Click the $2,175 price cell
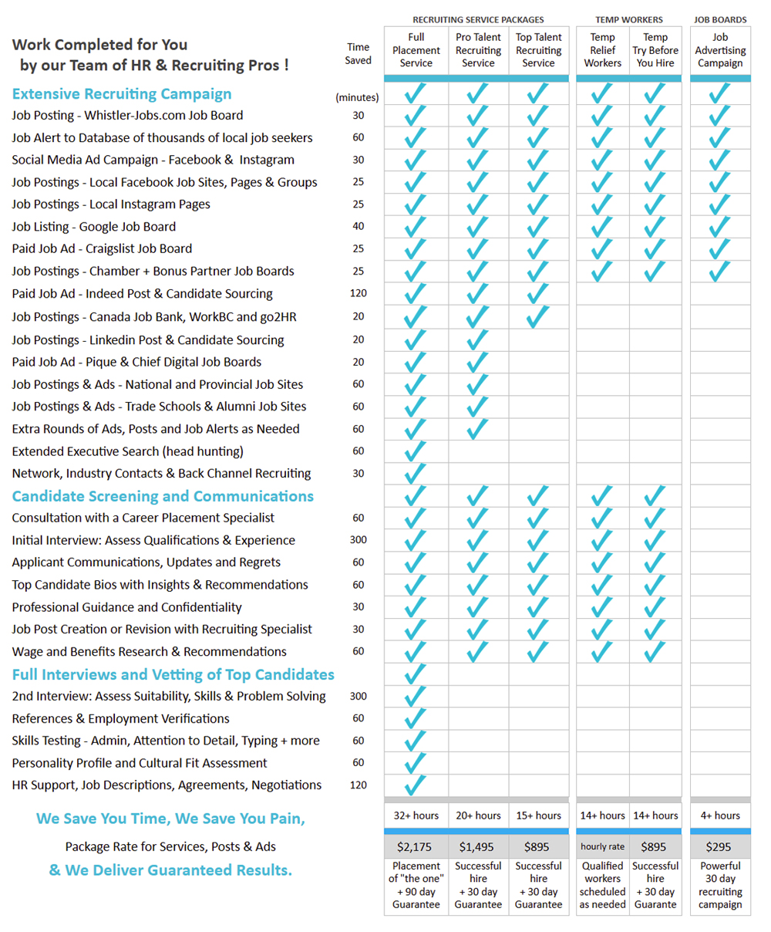click(x=416, y=846)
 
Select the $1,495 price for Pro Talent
click(x=478, y=846)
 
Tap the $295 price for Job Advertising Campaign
click(x=720, y=846)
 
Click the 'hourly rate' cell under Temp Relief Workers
click(x=602, y=846)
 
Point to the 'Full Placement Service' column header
click(x=416, y=50)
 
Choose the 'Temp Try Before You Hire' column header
click(x=655, y=50)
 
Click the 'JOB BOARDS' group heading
click(x=720, y=19)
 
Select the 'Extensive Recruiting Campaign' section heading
click(x=122, y=94)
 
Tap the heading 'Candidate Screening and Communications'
click(x=163, y=496)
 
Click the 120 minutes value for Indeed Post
click(x=359, y=293)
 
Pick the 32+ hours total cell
click(x=416, y=816)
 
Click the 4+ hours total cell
click(x=720, y=816)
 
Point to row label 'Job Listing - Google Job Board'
click(x=94, y=227)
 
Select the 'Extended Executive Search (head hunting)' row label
click(x=127, y=451)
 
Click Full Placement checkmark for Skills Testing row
click(x=416, y=741)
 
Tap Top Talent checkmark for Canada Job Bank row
click(x=538, y=316)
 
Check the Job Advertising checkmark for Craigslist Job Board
click(x=720, y=248)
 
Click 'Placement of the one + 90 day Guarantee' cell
click(x=416, y=885)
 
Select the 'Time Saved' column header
click(x=359, y=53)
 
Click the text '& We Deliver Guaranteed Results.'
click(x=170, y=870)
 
